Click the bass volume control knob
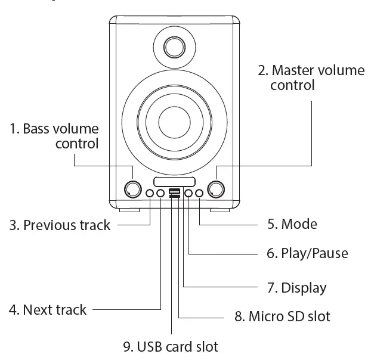coord(132,189)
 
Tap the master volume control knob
coord(216,189)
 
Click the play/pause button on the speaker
coord(188,193)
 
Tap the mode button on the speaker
coord(199,193)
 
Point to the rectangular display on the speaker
coord(174,181)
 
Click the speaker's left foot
coord(129,210)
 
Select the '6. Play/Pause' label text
coord(307,253)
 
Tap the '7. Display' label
coord(296,288)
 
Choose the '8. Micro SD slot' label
coord(282,316)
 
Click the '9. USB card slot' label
coord(170,346)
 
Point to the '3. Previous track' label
coord(60,225)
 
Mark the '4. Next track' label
coord(48,310)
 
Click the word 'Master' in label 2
coord(293,70)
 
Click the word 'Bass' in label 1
coord(36,129)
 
